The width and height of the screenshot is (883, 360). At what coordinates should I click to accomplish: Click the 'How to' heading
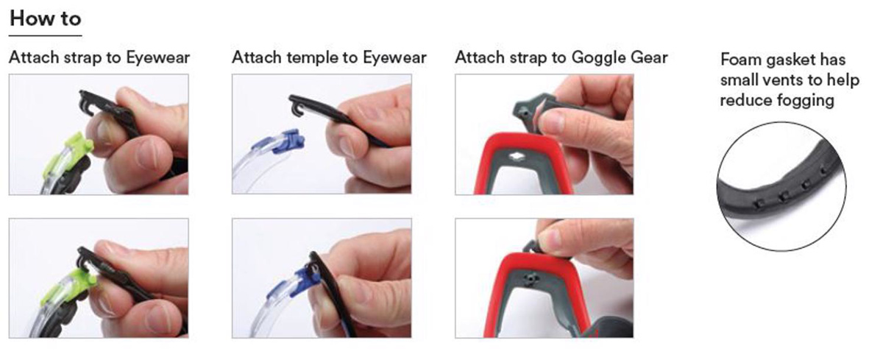click(x=46, y=18)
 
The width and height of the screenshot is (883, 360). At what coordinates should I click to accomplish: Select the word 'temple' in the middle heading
click(x=311, y=58)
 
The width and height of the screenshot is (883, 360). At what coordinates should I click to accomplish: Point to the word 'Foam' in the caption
click(x=740, y=60)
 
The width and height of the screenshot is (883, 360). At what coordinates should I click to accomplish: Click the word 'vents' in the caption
click(x=782, y=80)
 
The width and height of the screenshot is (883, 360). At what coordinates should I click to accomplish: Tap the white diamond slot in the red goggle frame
click(x=515, y=157)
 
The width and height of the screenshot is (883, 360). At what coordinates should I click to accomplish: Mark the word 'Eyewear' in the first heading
click(x=157, y=58)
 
